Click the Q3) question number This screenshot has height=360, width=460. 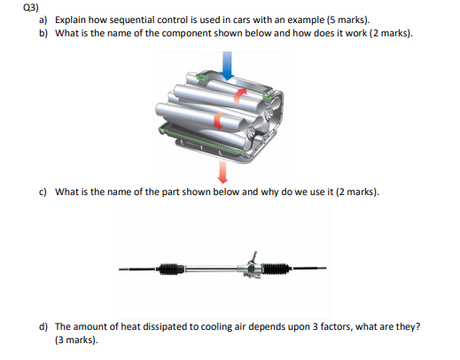[30, 7]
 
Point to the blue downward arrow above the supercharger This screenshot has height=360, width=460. [227, 66]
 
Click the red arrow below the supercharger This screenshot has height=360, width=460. [222, 172]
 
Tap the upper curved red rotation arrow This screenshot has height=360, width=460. [239, 97]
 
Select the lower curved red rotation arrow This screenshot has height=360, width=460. [218, 121]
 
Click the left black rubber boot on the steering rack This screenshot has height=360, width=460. [170, 269]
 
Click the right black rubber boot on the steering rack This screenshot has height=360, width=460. [276, 269]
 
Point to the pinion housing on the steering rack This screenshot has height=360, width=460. [253, 267]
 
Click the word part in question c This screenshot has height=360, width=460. [170, 192]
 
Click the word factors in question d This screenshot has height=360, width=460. [337, 327]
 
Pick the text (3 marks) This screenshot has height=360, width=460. [76, 340]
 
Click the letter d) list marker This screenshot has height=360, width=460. [43, 327]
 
